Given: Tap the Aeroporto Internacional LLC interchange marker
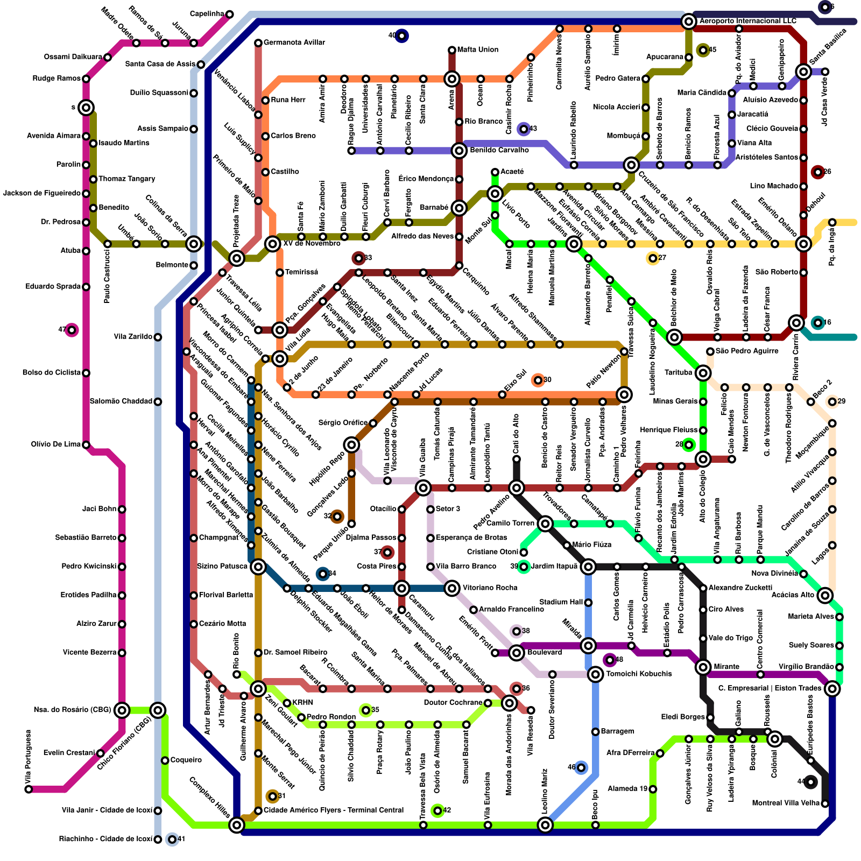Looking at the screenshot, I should pyautogui.click(x=688, y=22).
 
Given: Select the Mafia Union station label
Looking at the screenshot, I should pyautogui.click(x=477, y=50).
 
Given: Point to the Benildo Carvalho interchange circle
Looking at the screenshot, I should pyautogui.click(x=459, y=151).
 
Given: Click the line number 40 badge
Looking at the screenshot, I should pyautogui.click(x=401, y=36).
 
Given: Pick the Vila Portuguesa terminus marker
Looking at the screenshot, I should pyautogui.click(x=29, y=789).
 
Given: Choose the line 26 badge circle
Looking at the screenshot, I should pyautogui.click(x=818, y=172).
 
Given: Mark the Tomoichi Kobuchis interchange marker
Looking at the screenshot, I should pyautogui.click(x=595, y=674).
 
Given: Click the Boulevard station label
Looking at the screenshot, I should pyautogui.click(x=545, y=653).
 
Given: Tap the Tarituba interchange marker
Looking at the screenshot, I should pyautogui.click(x=703, y=373).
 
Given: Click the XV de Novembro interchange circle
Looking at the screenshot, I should pyautogui.click(x=273, y=244).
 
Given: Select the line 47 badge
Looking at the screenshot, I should pyautogui.click(x=72, y=330).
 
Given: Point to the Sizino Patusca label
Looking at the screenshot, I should pyautogui.click(x=222, y=567).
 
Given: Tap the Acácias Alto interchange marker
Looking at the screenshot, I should pyautogui.click(x=825, y=595).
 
